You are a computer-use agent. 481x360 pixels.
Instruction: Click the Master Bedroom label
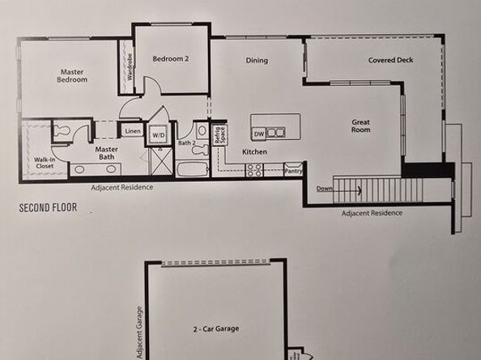click(70, 76)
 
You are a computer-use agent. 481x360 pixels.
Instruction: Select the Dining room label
click(256, 61)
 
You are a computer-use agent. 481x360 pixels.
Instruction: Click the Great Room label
click(360, 125)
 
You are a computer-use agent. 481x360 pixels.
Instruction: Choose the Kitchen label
click(255, 151)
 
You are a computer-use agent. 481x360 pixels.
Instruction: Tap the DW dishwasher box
click(259, 132)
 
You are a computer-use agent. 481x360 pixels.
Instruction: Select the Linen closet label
click(132, 130)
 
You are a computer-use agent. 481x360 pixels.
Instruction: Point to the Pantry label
click(293, 171)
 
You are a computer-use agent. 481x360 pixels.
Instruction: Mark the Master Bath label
click(107, 153)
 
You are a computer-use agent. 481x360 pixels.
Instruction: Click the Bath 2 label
click(186, 143)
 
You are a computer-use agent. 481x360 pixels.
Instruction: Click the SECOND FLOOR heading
click(48, 208)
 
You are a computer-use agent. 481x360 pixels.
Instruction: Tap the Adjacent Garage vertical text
click(139, 332)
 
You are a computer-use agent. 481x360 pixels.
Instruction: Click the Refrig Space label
click(218, 134)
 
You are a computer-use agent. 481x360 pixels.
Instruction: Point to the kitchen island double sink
click(277, 132)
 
